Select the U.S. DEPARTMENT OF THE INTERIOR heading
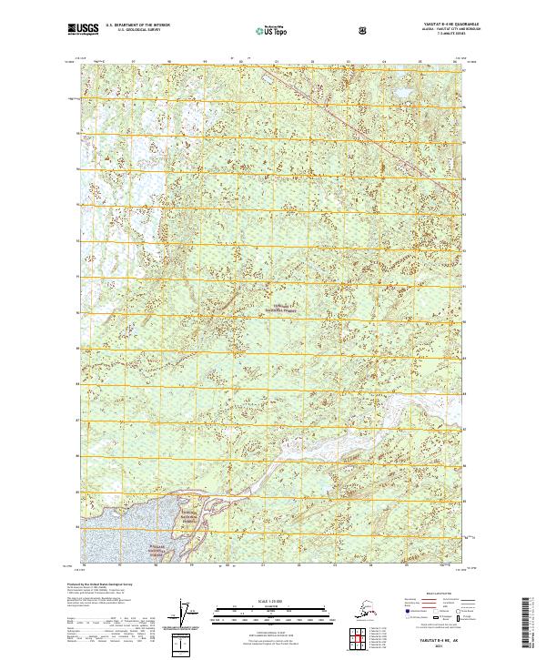click(x=136, y=26)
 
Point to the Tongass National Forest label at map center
click(x=285, y=308)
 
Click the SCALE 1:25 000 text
click(x=272, y=599)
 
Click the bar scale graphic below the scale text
click(x=272, y=611)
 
